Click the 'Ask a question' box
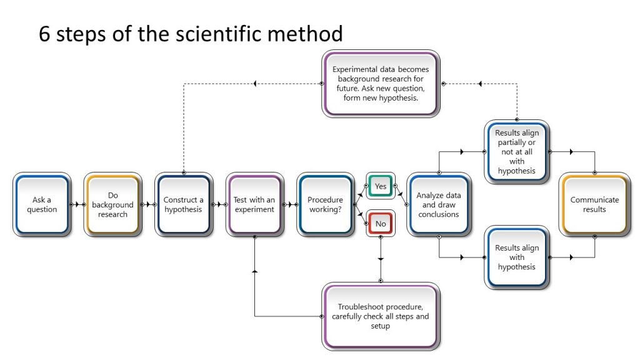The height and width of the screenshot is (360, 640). pos(42,204)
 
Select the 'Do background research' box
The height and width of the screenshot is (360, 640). pos(112,204)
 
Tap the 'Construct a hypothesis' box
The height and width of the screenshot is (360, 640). pos(183,204)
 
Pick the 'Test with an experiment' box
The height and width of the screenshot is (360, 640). pos(254,204)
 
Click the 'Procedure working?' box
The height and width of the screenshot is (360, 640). pos(325,204)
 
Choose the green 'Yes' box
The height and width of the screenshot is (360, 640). pos(380,186)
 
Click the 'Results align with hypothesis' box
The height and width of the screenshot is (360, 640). pos(516,257)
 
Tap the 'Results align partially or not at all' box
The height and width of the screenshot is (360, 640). pos(516,152)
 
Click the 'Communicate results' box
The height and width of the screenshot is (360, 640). pos(594,204)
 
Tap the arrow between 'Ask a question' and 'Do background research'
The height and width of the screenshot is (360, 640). pos(77,204)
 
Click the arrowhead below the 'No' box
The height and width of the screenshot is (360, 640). pos(381,258)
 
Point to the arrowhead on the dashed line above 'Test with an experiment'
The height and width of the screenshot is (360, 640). pos(254,83)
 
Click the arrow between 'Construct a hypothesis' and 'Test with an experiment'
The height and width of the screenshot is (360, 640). pos(218,204)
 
